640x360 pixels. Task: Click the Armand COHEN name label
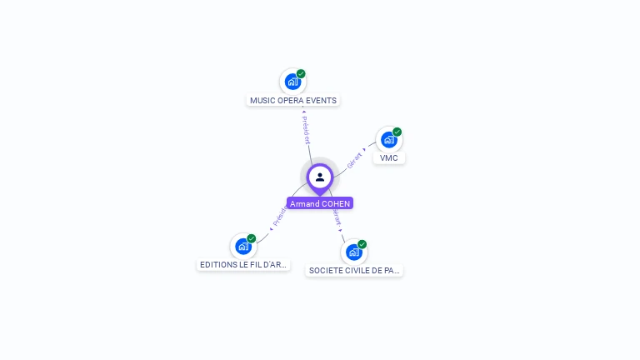point(320,203)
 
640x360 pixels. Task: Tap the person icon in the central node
point(320,177)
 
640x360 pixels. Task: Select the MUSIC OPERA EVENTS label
point(293,101)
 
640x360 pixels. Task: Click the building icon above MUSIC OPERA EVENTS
point(292,82)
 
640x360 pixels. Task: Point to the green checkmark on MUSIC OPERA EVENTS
point(301,73)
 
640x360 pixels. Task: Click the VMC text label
point(389,158)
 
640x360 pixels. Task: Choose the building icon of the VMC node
point(388,140)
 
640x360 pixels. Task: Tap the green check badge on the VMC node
point(397,132)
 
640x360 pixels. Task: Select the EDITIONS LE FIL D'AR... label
point(243,265)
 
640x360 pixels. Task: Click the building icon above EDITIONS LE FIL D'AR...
point(242,247)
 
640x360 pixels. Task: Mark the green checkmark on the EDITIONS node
point(252,238)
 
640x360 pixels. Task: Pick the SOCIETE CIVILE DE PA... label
point(354,271)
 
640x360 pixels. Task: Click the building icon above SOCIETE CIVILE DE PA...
point(353,252)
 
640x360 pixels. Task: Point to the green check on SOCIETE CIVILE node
point(362,244)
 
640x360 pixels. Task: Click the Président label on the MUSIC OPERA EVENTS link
point(306,130)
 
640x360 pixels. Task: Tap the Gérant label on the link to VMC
point(355,160)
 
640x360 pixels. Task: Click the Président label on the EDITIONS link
point(279,217)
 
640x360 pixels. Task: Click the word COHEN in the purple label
point(336,203)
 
